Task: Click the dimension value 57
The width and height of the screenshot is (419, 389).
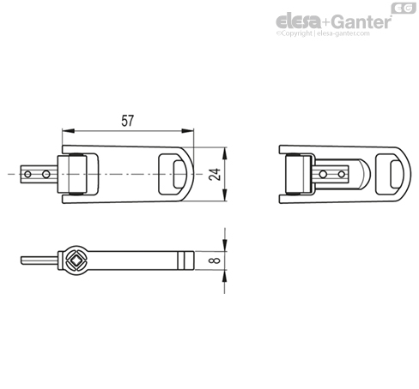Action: pos(127,121)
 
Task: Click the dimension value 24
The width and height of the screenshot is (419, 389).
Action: pos(215,174)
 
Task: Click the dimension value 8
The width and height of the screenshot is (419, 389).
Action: pos(216,260)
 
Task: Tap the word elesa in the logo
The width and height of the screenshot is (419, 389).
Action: pos(299,21)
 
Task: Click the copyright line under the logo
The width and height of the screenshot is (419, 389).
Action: pos(323,33)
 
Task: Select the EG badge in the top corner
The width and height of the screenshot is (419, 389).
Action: pos(404,8)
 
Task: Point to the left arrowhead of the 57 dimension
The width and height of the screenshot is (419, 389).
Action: pos(68,131)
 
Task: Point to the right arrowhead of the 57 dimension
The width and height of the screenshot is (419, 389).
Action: pos(188,131)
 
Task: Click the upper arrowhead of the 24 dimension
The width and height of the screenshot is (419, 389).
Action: pos(225,153)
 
